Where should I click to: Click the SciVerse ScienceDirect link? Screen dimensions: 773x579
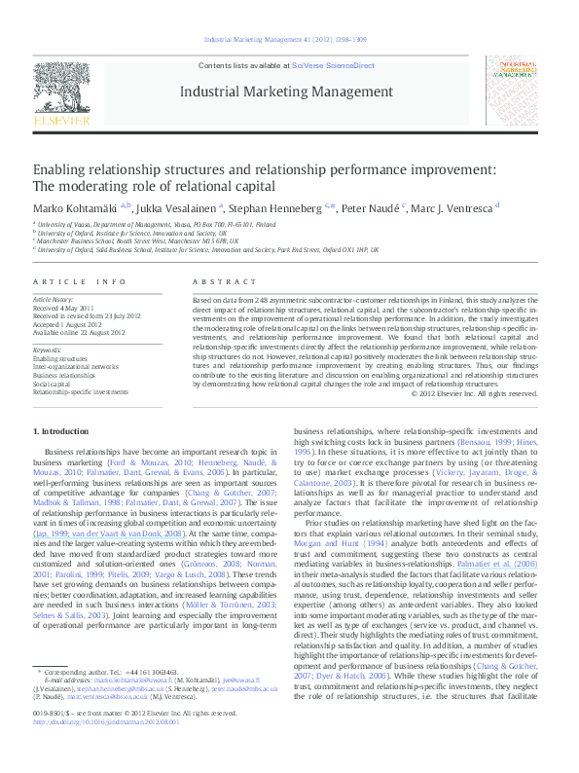334,64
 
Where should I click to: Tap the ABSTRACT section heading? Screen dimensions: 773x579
217,281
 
